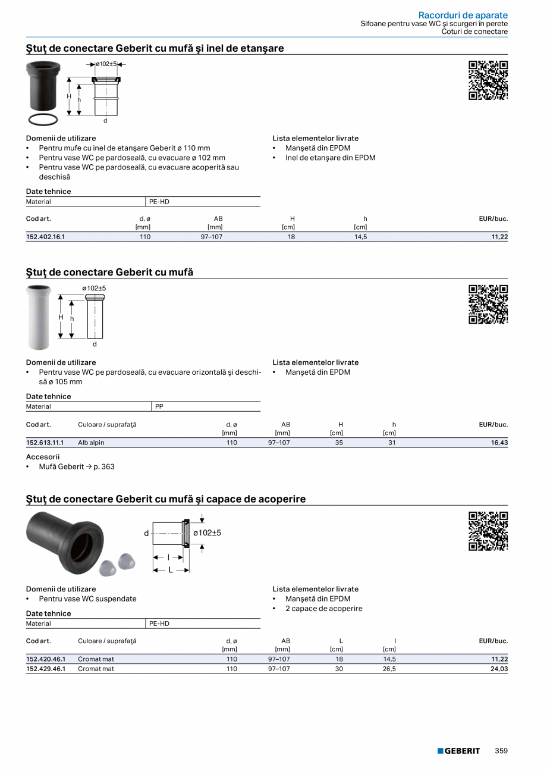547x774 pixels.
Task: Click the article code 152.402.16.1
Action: tap(45, 237)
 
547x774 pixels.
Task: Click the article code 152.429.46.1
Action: tap(45, 669)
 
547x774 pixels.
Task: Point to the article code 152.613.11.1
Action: tap(45, 443)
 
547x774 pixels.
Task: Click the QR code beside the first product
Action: tap(488, 80)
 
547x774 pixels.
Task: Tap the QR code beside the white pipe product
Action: tap(488, 305)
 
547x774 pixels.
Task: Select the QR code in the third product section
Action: tap(488, 531)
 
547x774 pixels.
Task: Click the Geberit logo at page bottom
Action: tap(458, 751)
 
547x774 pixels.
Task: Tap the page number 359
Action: tap(501, 751)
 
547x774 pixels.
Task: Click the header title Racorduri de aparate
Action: tap(463, 15)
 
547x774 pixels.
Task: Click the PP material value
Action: tap(159, 406)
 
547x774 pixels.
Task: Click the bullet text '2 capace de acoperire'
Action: tap(323, 608)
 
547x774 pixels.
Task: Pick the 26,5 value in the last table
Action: tap(390, 669)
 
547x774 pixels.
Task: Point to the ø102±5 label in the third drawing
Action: tap(207, 532)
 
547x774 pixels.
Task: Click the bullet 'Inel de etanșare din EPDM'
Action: tap(330, 158)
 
